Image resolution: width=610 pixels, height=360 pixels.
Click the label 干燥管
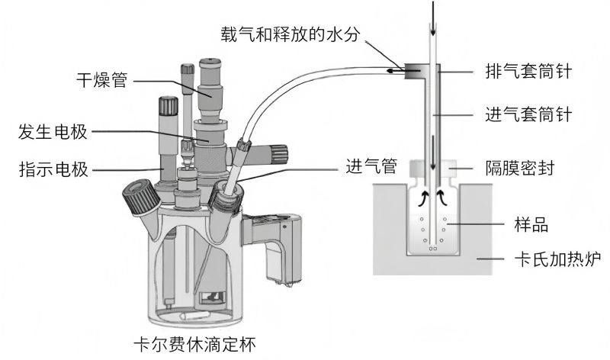(101, 79)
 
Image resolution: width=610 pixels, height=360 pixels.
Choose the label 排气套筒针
(528, 72)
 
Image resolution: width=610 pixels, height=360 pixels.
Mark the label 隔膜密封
(520, 166)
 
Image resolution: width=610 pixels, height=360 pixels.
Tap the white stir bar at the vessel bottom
(193, 313)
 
